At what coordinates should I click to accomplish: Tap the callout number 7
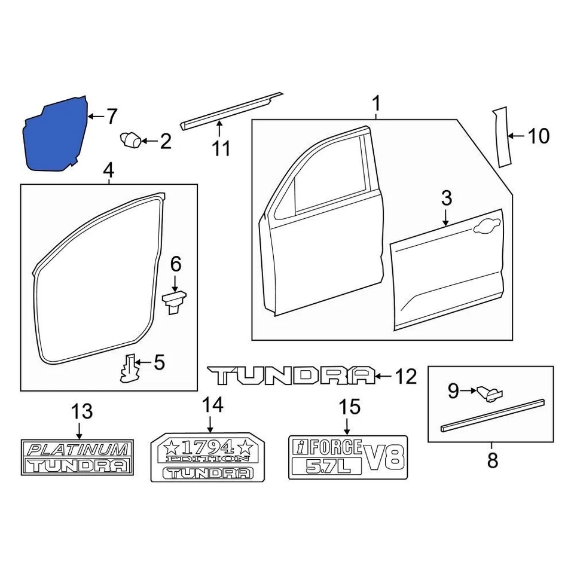(x=111, y=116)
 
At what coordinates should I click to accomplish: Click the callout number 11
(x=221, y=148)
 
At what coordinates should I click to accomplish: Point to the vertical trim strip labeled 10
(x=500, y=137)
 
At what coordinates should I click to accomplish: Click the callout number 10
(x=538, y=136)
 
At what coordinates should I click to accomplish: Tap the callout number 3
(x=447, y=199)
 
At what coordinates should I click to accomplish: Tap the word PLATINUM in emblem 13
(x=78, y=449)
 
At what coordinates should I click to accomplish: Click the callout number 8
(x=491, y=461)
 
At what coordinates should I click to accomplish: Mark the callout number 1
(x=377, y=103)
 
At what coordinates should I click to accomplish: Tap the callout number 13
(x=83, y=411)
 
